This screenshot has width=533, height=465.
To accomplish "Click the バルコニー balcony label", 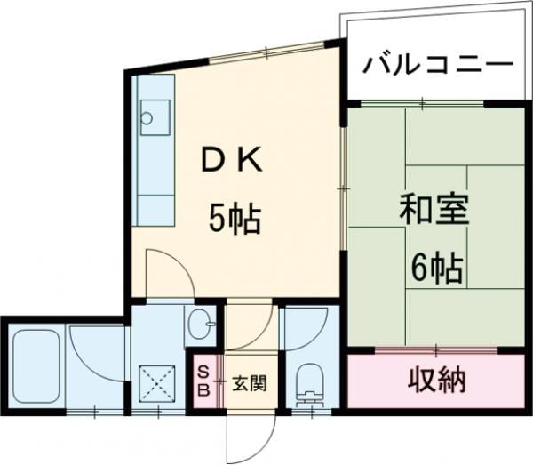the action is (438, 64).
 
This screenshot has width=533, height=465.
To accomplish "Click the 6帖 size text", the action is (437, 269).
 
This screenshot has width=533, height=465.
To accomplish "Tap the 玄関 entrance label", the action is (250, 384).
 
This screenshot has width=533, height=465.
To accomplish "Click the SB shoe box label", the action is (204, 381).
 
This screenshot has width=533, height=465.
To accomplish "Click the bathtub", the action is (36, 366).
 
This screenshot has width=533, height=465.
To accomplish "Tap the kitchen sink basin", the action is (155, 117).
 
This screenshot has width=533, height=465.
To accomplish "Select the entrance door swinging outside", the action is (251, 437).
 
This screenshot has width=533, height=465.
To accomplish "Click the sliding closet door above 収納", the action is (436, 349).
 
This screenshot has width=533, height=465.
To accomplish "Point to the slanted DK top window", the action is (266, 52).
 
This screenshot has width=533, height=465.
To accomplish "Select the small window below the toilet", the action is (312, 412).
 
